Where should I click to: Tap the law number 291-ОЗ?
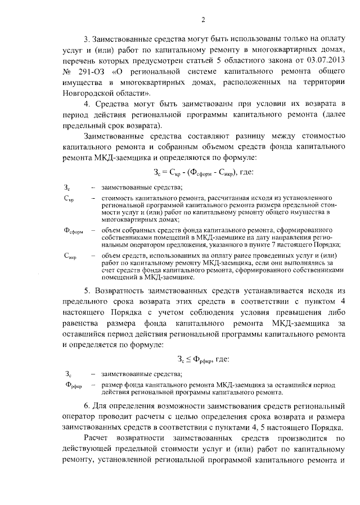[x=88, y=72]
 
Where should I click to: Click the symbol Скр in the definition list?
[x=67, y=199]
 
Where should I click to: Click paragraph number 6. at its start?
[x=87, y=406]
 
